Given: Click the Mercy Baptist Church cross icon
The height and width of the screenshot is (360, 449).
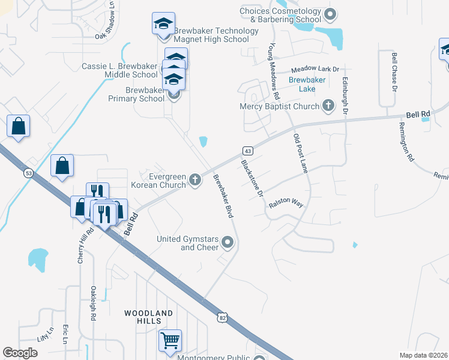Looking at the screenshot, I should [x=328, y=106].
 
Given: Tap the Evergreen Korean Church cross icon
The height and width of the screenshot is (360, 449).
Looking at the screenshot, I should [x=194, y=179].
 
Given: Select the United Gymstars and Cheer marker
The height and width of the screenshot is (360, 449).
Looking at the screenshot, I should [x=228, y=243].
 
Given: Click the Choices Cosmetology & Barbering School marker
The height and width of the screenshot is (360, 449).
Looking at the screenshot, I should [x=330, y=14].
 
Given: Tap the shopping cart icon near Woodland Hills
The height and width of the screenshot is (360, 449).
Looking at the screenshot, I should [x=170, y=340].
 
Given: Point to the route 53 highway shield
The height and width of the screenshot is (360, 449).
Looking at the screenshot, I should [x=28, y=173].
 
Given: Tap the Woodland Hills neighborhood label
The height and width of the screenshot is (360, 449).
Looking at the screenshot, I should [x=149, y=317].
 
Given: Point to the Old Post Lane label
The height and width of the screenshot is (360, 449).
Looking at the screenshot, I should [x=300, y=154].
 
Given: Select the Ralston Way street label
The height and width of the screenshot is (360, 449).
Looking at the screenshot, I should [x=286, y=204].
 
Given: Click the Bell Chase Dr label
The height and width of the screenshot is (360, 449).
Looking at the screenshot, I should [x=394, y=72].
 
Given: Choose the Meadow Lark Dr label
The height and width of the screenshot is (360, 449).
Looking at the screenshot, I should [x=315, y=70].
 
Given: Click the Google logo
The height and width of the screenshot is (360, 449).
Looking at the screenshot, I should [x=20, y=353].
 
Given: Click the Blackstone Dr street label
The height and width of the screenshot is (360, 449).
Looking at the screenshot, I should [x=253, y=178].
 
